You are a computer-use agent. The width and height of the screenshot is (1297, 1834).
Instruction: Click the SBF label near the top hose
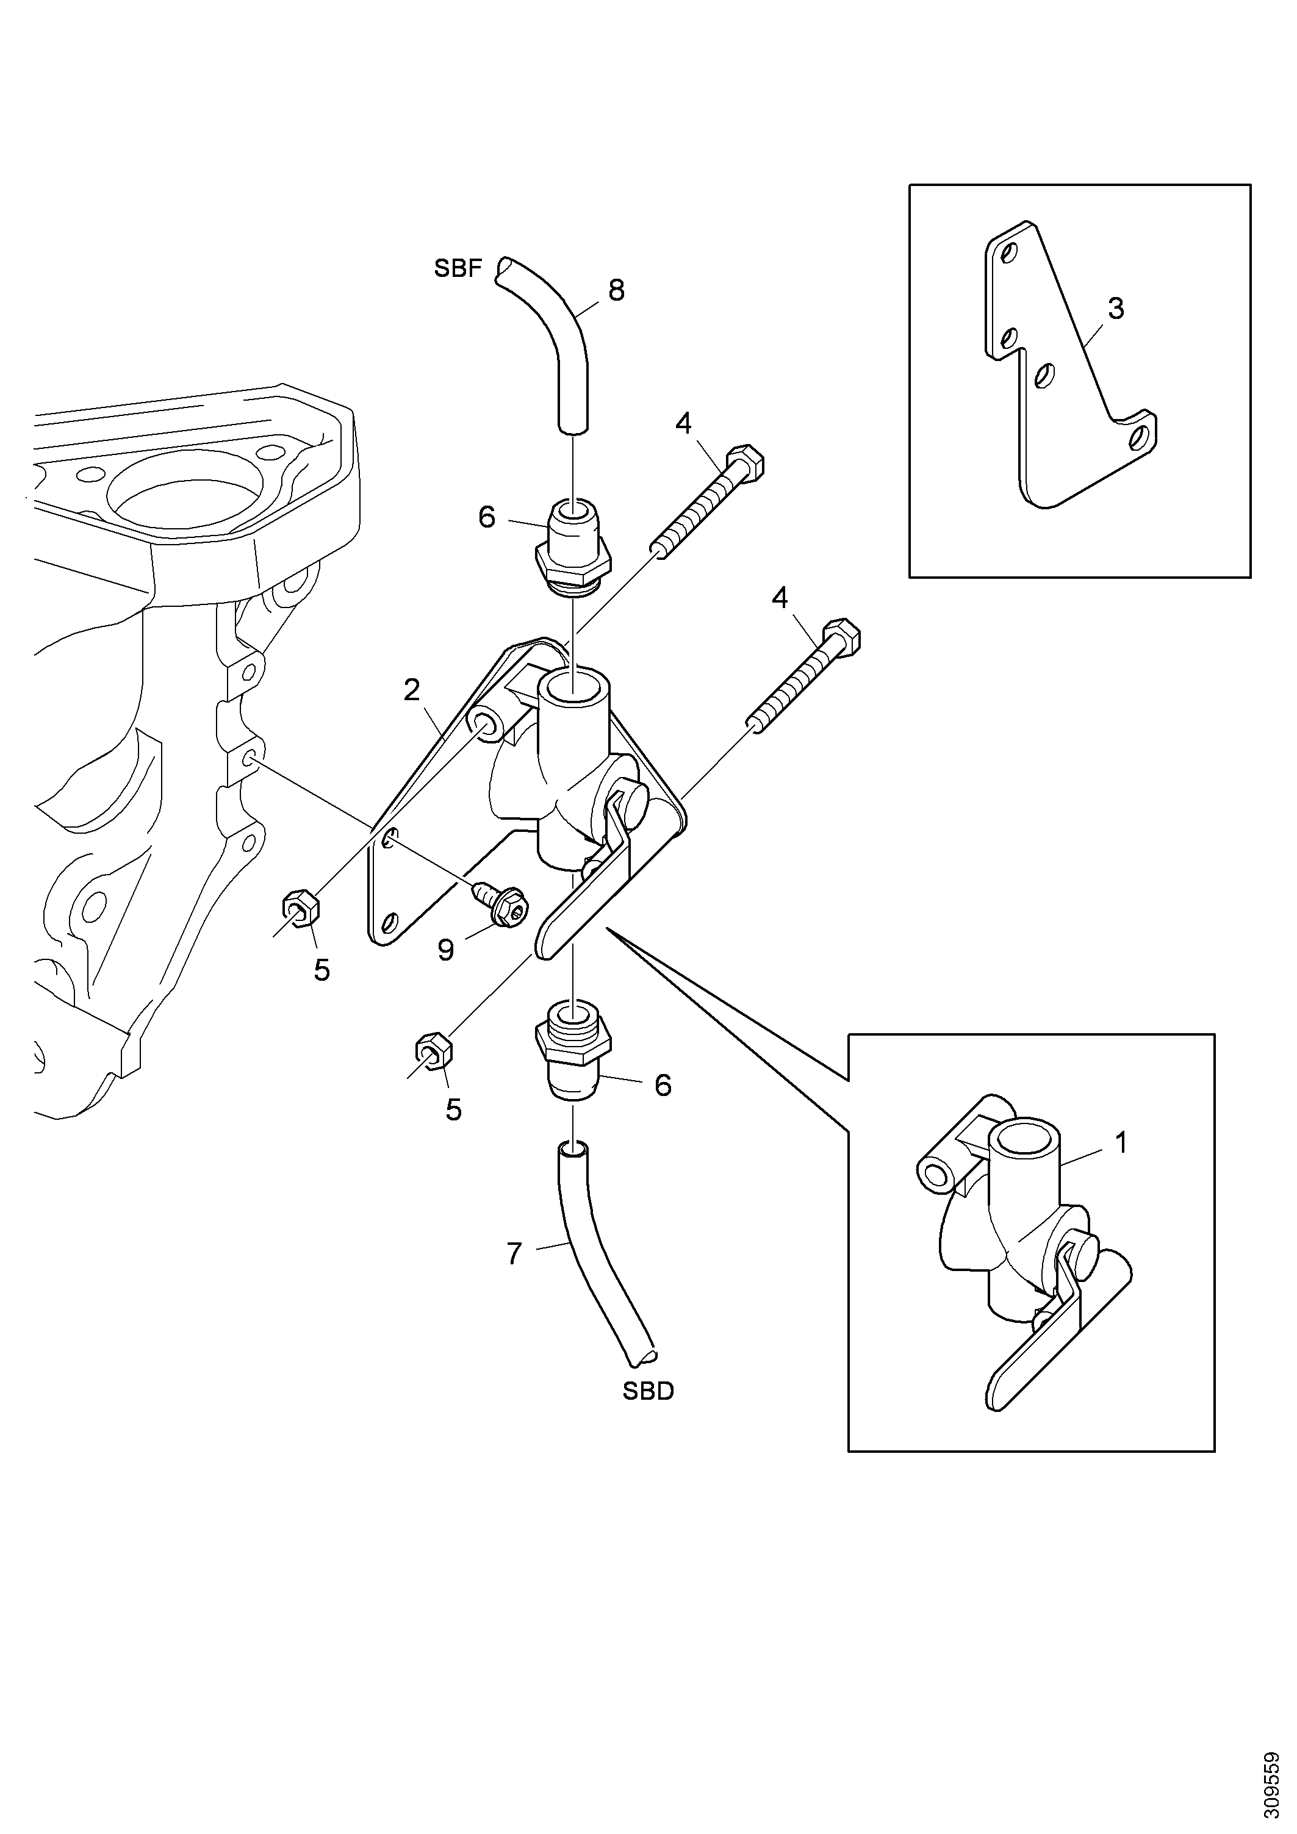pyautogui.click(x=458, y=269)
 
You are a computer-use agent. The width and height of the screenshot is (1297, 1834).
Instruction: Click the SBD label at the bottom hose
pyautogui.click(x=648, y=1391)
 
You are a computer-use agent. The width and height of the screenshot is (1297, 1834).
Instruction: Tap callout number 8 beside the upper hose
pyautogui.click(x=616, y=291)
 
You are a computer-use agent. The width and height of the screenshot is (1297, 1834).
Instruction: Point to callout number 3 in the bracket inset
pyautogui.click(x=1116, y=309)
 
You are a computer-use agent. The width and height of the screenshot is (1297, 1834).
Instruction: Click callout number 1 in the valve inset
pyautogui.click(x=1121, y=1143)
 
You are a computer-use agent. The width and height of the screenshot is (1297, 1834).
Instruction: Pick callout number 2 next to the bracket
pyautogui.click(x=412, y=690)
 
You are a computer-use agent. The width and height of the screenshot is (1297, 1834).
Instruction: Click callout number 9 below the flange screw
pyautogui.click(x=446, y=950)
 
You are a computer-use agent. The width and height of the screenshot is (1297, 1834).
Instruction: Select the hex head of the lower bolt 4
pyautogui.click(x=841, y=635)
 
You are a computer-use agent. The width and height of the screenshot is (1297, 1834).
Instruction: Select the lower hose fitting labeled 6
pyautogui.click(x=573, y=1050)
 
